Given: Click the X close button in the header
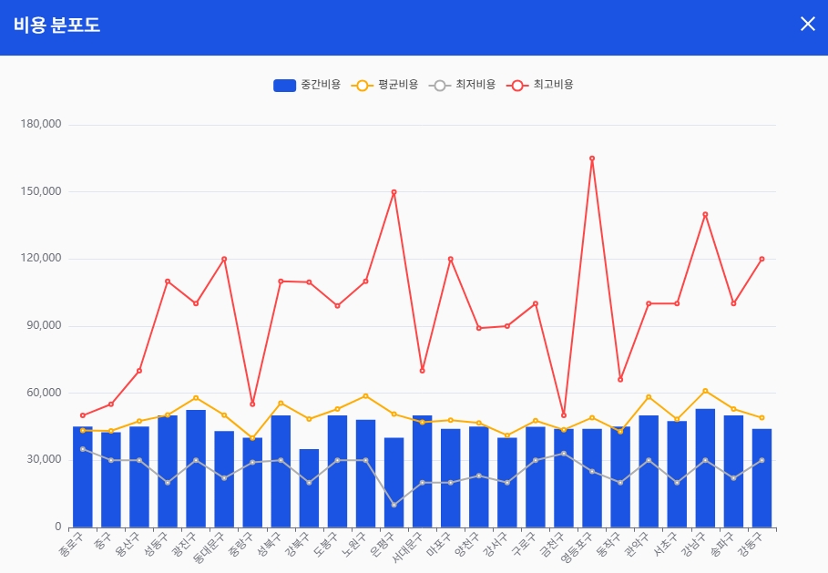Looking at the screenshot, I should (807, 24).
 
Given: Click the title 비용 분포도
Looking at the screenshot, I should (56, 26).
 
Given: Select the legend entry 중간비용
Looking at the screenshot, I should (307, 85).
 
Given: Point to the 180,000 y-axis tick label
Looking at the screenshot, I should (40, 124).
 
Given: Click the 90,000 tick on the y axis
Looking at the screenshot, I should (43, 325).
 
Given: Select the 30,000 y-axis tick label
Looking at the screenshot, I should (43, 460).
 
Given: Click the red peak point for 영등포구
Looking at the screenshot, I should (592, 159).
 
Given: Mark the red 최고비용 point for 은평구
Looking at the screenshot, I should (394, 192).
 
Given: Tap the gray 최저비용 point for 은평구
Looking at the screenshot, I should (394, 505).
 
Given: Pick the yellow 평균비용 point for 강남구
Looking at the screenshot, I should (705, 391).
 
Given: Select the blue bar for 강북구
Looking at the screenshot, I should (309, 488).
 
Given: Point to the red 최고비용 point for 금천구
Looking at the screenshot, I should (563, 414).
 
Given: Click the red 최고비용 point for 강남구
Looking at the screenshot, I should (705, 214).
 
